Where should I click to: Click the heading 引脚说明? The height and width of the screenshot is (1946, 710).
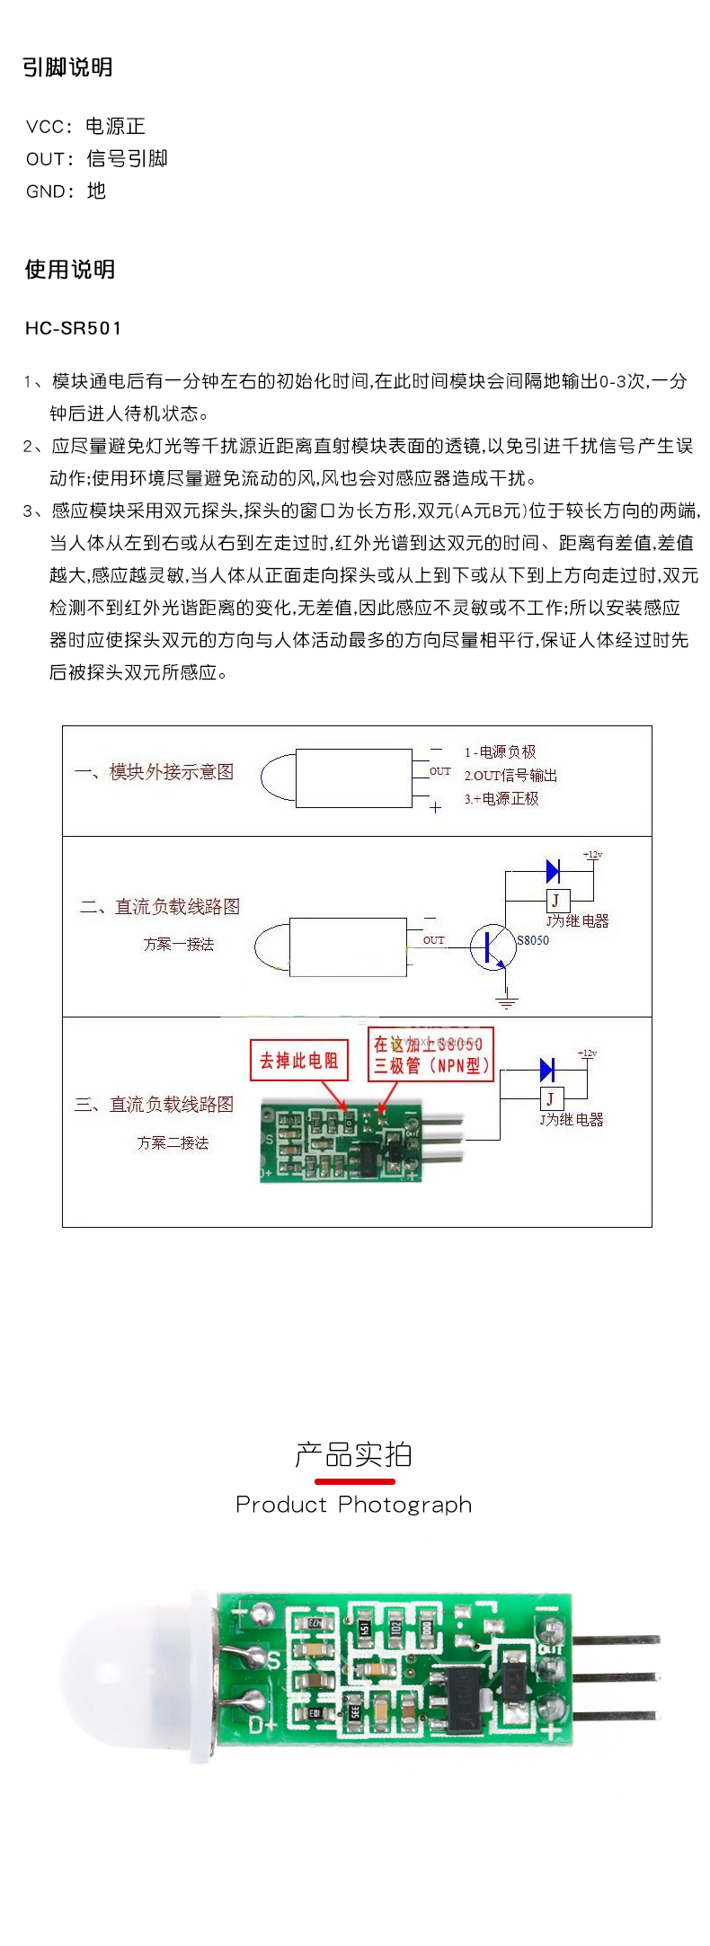(x=67, y=67)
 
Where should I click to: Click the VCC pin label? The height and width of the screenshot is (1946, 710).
(x=45, y=127)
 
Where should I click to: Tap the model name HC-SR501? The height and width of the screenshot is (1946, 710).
(x=73, y=328)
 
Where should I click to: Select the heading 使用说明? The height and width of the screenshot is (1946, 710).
(x=69, y=270)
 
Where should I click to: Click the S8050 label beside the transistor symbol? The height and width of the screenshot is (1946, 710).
(x=532, y=940)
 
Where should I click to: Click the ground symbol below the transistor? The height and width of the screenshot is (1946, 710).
(x=507, y=1000)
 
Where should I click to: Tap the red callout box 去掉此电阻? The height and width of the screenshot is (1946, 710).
(x=298, y=1061)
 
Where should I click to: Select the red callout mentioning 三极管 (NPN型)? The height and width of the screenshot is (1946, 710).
(x=430, y=1055)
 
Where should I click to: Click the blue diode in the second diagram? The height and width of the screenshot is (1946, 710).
(x=553, y=871)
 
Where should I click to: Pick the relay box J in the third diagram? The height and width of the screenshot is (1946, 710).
(x=550, y=1098)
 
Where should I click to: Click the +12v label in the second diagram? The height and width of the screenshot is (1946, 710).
(x=592, y=855)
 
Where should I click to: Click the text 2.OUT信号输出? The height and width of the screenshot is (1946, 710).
(x=510, y=776)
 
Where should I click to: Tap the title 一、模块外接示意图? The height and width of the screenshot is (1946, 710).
(x=154, y=772)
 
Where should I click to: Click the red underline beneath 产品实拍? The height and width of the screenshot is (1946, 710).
(x=354, y=1480)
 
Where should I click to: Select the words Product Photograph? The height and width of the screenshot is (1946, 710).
(x=353, y=1505)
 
